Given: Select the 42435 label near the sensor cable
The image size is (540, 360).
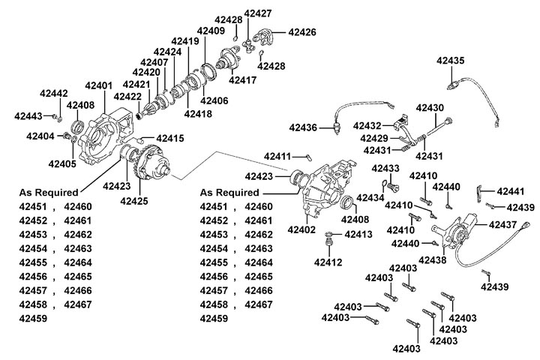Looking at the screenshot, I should (452, 59).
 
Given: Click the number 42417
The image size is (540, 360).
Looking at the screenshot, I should (243, 79).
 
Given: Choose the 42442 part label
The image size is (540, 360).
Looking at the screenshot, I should (54, 94).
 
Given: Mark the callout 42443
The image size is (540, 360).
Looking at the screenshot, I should (29, 116).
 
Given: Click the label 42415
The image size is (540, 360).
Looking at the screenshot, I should (169, 138).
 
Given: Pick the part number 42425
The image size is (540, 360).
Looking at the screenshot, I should (134, 201).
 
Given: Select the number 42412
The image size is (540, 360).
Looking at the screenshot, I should (328, 262).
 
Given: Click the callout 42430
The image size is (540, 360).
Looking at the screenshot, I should (430, 108).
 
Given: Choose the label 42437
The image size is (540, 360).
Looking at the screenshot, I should (503, 224).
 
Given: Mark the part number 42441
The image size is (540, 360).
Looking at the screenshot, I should (510, 191).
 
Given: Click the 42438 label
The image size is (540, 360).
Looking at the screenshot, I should (433, 259).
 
